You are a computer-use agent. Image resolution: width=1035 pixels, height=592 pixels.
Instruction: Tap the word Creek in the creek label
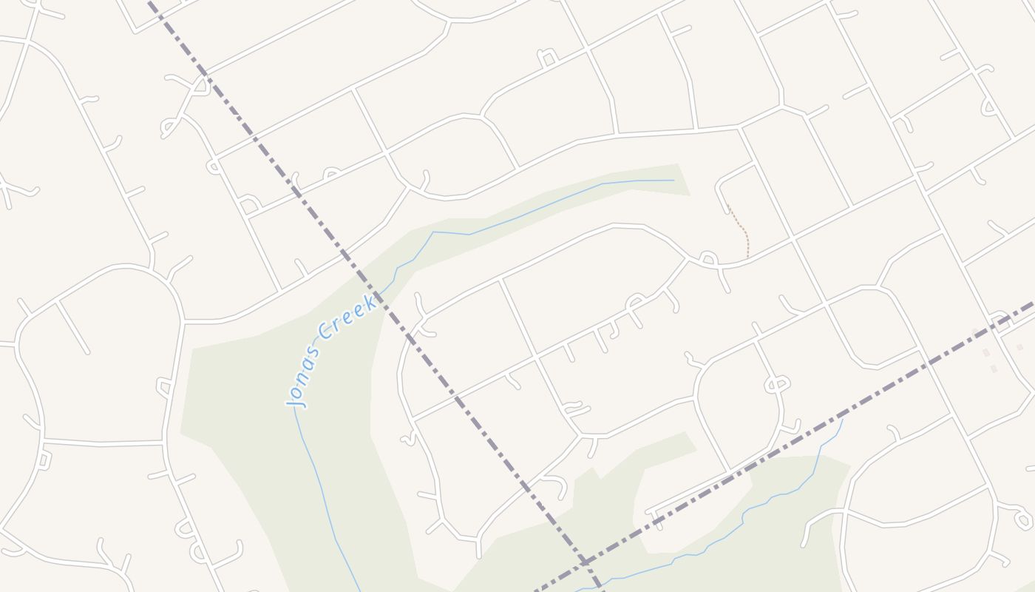(348, 314)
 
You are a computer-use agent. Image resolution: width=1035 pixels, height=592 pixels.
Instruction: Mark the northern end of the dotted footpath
(728, 206)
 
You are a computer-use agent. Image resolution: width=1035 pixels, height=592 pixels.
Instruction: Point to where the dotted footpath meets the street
(747, 258)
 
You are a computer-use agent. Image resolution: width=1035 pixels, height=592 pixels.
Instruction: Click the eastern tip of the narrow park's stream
(673, 180)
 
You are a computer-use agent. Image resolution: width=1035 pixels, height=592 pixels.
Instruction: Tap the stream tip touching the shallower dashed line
(843, 420)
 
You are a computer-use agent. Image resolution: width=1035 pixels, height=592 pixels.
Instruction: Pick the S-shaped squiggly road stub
(408, 440)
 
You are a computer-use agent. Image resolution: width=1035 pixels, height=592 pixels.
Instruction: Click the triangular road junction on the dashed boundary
(200, 83)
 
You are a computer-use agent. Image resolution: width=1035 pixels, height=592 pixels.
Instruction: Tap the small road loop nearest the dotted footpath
(707, 258)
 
